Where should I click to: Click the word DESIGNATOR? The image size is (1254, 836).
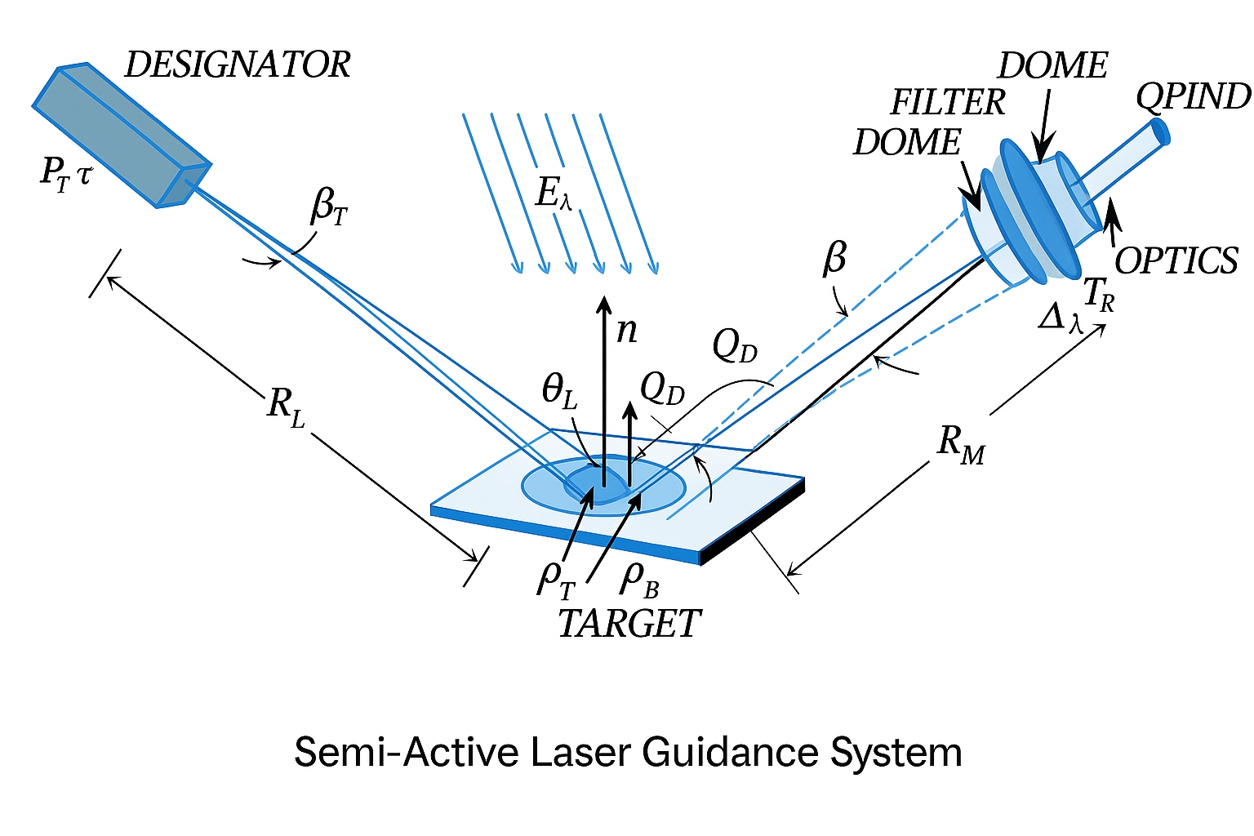(x=237, y=65)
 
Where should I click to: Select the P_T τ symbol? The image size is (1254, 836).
(x=65, y=173)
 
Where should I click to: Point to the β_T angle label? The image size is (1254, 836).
(x=329, y=207)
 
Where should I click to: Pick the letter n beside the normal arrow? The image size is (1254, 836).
(x=626, y=329)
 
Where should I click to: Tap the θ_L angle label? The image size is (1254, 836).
(x=560, y=393)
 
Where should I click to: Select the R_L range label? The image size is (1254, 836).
(x=286, y=406)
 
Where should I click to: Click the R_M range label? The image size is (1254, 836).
(x=961, y=445)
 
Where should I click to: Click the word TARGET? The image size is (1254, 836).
(x=629, y=625)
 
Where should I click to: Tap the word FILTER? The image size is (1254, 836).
(x=947, y=103)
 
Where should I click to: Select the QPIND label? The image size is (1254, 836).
(x=1193, y=96)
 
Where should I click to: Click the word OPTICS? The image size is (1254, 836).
(x=1176, y=261)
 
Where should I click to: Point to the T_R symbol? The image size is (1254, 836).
(x=1098, y=294)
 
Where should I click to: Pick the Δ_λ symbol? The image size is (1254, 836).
(x=1061, y=318)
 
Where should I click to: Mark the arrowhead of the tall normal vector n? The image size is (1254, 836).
(x=603, y=304)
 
